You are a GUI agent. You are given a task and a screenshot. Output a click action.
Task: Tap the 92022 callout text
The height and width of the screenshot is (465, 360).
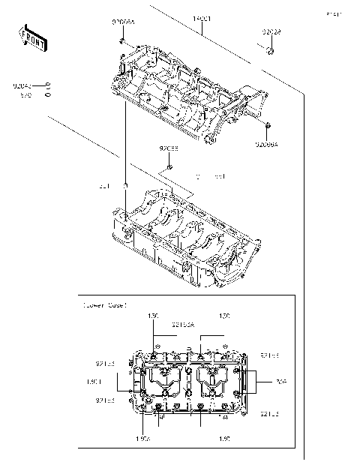tap(272, 33)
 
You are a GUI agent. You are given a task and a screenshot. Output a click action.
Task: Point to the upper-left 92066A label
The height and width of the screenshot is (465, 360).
tap(123, 24)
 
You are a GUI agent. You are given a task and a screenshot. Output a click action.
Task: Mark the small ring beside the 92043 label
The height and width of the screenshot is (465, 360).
tap(47, 85)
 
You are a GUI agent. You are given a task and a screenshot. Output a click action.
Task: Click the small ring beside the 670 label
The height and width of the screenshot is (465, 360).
tap(47, 94)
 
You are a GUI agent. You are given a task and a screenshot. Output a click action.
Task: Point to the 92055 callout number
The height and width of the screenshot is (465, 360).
tap(168, 148)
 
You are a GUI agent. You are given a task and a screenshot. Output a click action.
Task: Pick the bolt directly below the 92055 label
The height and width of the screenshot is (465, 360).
tap(169, 166)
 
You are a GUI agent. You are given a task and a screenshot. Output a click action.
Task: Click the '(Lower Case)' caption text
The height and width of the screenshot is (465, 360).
tap(105, 305)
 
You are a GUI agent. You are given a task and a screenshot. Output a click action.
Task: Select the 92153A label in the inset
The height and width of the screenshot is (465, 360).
tap(183, 326)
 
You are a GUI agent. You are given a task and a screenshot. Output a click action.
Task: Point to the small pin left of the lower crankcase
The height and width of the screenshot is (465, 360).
tap(125, 185)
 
